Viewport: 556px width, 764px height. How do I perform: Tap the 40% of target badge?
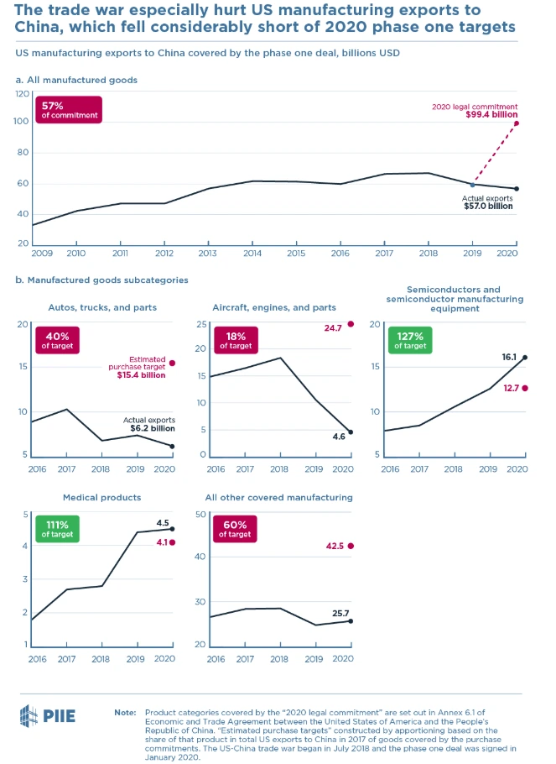coord(55,340)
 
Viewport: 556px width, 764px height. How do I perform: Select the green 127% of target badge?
coord(410,340)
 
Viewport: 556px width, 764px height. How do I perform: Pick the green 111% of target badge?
coord(55,529)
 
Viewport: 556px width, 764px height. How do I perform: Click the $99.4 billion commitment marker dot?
coord(517,123)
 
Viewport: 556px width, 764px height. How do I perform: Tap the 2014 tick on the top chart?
coord(252,252)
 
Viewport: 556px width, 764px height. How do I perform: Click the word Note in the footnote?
coord(125,712)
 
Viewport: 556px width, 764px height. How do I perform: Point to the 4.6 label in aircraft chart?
coord(337,437)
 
